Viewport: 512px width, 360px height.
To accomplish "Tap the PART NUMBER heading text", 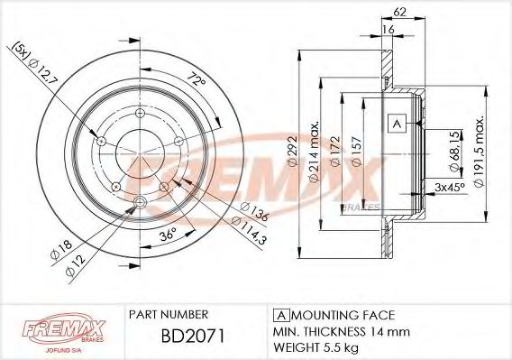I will click(x=169, y=314).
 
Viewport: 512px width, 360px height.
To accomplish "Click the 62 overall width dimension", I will click(x=400, y=13).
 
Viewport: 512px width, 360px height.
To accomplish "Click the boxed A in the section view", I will click(x=396, y=123).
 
